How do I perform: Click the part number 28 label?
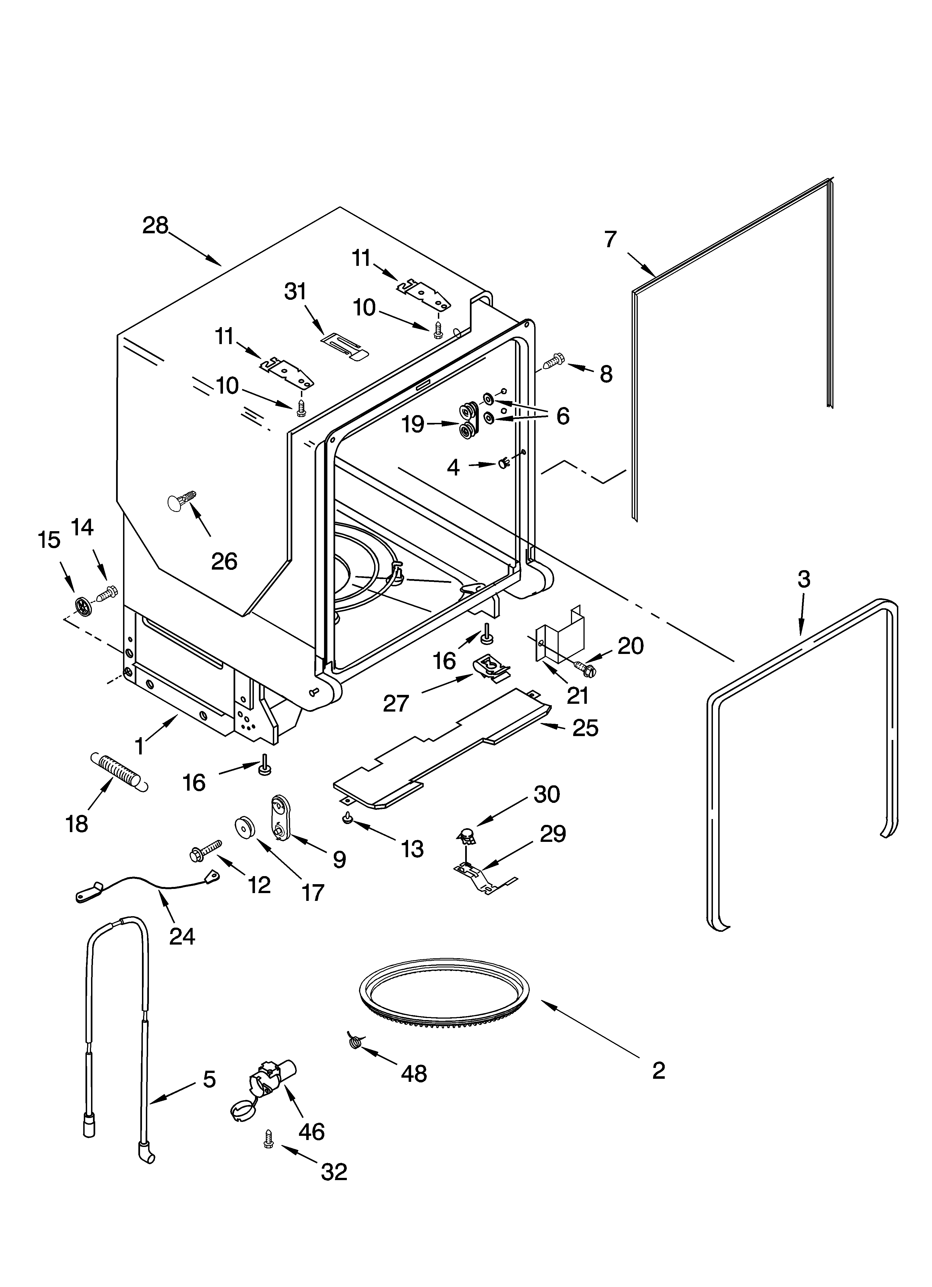pyautogui.click(x=155, y=226)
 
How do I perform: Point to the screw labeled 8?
pyautogui.click(x=553, y=361)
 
